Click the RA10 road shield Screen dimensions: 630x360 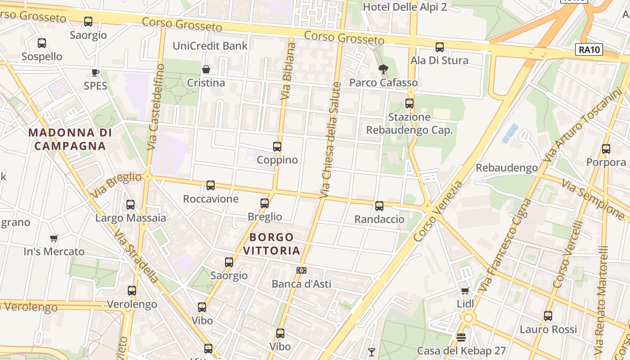589,49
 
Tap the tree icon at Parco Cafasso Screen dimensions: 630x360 383,69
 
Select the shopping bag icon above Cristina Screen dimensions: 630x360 206,69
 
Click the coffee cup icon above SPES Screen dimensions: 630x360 95,72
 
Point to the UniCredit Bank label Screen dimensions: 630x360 210,46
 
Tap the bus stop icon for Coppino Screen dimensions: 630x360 277,146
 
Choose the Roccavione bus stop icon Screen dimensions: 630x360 211,185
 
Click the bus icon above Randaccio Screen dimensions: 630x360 379,206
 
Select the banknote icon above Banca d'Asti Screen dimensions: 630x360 301,270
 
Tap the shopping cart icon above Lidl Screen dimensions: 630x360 465,291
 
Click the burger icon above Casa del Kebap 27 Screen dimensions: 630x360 461,337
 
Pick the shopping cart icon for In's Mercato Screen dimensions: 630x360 54,238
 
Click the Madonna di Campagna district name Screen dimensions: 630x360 70,139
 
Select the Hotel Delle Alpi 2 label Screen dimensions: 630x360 405,7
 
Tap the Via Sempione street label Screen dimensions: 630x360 593,198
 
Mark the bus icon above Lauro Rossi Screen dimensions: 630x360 548,316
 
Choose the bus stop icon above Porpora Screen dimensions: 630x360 606,148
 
